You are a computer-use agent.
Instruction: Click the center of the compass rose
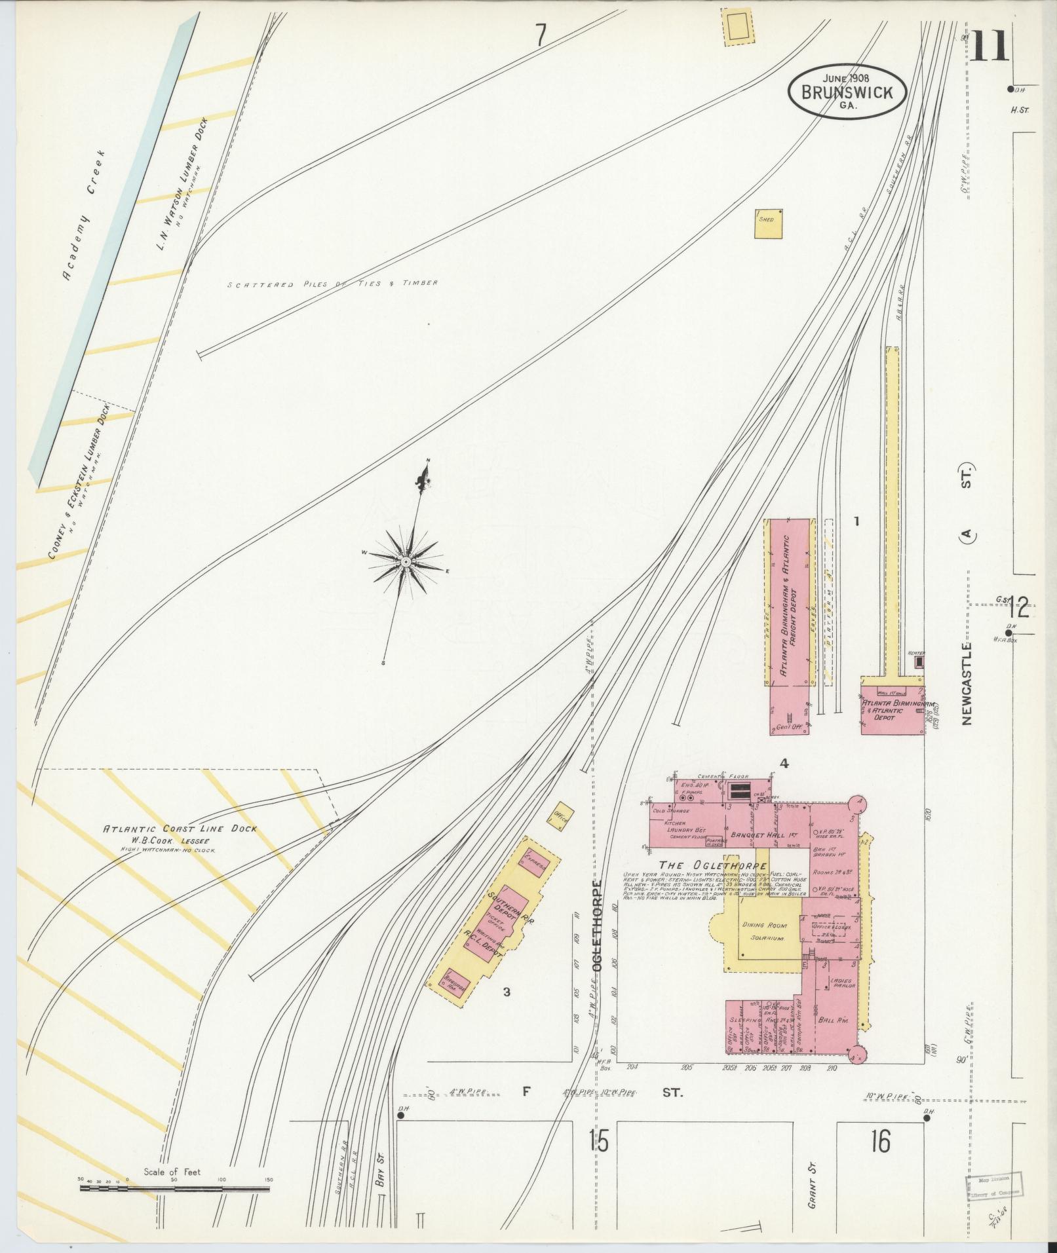[406, 563]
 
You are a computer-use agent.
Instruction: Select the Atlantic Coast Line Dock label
[180, 829]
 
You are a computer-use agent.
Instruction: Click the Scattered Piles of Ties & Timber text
[332, 284]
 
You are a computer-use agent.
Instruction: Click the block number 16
[881, 1142]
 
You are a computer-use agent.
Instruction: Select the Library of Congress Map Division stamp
[994, 1186]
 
